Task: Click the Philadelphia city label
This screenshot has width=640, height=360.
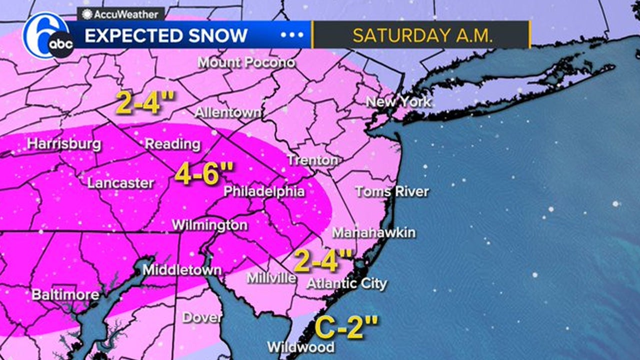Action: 264,191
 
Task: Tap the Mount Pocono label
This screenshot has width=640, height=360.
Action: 246,63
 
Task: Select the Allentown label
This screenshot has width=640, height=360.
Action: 227,112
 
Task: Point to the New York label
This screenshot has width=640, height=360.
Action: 398,102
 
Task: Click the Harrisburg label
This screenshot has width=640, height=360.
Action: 64,144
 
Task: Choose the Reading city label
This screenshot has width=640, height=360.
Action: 172,144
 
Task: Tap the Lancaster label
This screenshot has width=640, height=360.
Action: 120,182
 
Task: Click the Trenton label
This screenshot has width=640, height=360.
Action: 312,160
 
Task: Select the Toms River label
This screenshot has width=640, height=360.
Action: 391,191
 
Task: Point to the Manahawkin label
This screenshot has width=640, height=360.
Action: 373,233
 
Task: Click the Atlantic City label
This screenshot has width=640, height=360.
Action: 346,284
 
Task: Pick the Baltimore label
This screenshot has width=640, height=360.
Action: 65,294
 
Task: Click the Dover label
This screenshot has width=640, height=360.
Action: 202,317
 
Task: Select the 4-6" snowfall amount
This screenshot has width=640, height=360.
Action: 204,174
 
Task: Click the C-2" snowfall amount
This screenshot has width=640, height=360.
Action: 346,327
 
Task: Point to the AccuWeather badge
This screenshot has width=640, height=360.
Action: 120,14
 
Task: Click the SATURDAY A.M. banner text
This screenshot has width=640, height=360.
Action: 422,35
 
